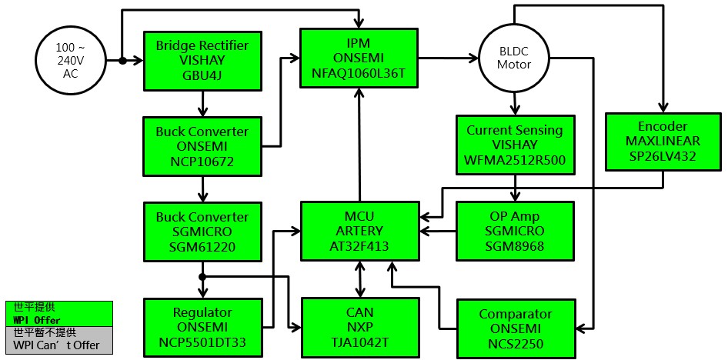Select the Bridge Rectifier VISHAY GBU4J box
(x=202, y=60)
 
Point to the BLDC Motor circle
(x=513, y=58)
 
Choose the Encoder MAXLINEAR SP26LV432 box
(x=663, y=141)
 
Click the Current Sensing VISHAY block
(x=515, y=144)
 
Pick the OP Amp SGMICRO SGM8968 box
(x=515, y=230)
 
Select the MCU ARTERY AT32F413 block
(x=359, y=230)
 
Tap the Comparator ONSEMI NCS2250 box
(x=515, y=327)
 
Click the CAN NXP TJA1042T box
(x=359, y=327)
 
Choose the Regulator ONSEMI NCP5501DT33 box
(x=202, y=327)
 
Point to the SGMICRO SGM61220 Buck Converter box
(x=202, y=232)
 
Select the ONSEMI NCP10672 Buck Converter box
(x=202, y=144)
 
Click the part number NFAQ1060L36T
(x=359, y=73)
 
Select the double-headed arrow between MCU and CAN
(x=359, y=279)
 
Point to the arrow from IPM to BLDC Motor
(x=448, y=58)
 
